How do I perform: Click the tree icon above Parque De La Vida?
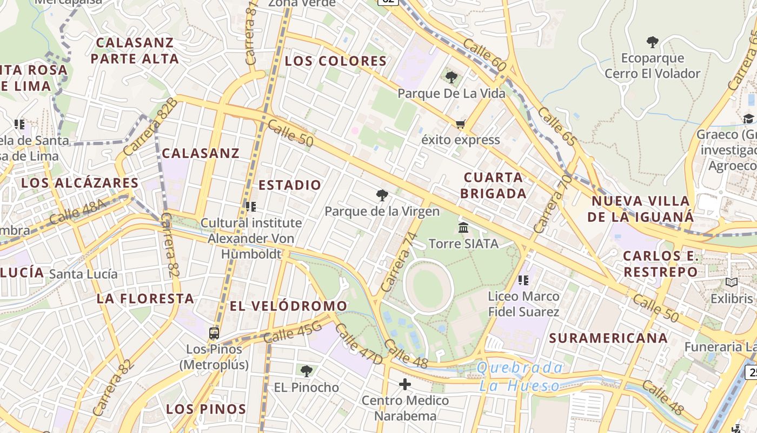(x=451, y=77)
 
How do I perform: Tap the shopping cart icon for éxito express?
(x=461, y=124)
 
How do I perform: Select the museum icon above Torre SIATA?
(x=463, y=228)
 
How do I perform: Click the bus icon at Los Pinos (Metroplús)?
(x=214, y=333)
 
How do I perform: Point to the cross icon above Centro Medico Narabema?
(x=405, y=385)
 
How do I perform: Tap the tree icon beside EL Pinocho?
(x=307, y=371)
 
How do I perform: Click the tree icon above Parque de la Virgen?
(x=382, y=195)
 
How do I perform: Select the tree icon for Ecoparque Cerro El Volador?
(x=653, y=42)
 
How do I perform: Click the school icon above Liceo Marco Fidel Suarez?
(x=523, y=280)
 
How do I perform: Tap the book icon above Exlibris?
(x=732, y=283)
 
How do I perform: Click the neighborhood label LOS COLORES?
(x=336, y=61)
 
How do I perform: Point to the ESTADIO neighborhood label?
(x=290, y=185)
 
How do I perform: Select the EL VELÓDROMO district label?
(x=288, y=306)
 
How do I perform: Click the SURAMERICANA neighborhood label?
(x=608, y=338)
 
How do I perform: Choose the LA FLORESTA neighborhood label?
(x=145, y=298)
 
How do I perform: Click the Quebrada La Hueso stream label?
(x=520, y=377)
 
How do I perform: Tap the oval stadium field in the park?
(x=428, y=285)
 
